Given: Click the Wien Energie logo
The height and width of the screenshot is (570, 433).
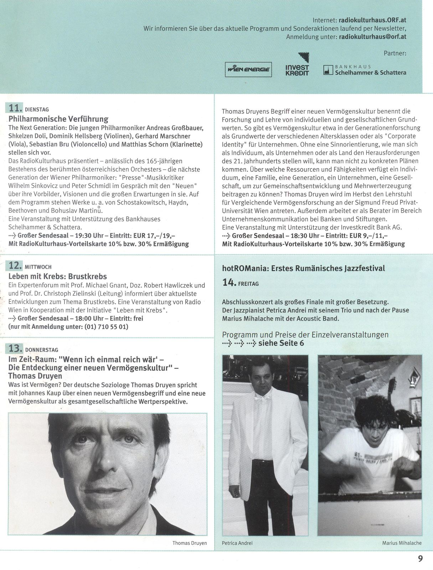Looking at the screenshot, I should click(248, 69).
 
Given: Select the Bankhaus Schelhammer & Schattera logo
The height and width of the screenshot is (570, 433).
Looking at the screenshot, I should click(365, 70).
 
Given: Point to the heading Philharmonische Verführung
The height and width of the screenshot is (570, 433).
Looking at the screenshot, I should click(58, 119).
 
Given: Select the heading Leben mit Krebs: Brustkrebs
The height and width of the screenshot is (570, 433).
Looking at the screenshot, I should click(57, 276).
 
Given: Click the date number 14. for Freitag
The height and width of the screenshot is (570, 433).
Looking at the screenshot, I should click(229, 283).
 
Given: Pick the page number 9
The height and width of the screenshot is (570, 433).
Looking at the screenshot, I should click(420, 559).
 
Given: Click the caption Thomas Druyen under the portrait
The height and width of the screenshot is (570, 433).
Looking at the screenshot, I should click(190, 543).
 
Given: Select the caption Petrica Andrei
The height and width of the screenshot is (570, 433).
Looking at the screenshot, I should click(237, 543).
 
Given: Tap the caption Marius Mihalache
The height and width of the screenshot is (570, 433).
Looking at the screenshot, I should click(402, 543).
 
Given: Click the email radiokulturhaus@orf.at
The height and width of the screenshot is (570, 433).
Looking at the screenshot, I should click(372, 37).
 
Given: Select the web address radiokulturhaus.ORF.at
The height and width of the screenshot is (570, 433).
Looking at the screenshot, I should click(372, 20).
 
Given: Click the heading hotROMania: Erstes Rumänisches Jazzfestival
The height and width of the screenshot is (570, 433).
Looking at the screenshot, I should click(303, 268).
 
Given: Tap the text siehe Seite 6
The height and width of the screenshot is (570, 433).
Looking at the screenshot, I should click(281, 343).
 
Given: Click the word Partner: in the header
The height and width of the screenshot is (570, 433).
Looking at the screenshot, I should click(395, 53).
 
